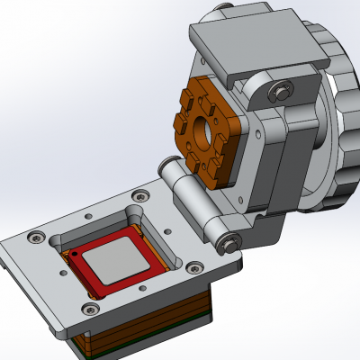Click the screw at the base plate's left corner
point(35,238)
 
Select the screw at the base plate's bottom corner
point(87,310)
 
